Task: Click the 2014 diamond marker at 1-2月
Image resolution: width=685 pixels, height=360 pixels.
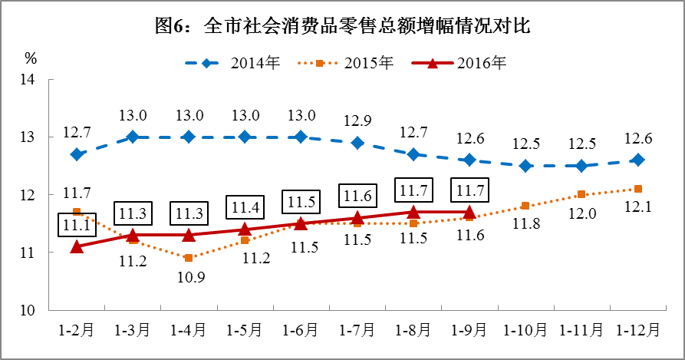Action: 77,154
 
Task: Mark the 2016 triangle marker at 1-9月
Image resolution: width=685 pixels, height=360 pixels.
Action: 469,211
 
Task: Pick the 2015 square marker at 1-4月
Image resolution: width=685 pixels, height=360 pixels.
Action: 189,258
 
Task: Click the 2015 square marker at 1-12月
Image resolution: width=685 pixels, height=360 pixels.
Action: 638,189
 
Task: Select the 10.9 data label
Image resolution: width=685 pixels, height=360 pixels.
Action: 189,278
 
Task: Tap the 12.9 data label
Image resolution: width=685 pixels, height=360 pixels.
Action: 357,120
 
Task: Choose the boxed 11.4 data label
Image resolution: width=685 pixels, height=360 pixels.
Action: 245,206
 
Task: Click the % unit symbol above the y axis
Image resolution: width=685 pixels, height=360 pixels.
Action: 31,58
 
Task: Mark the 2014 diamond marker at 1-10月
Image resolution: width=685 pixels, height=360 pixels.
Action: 525,166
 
